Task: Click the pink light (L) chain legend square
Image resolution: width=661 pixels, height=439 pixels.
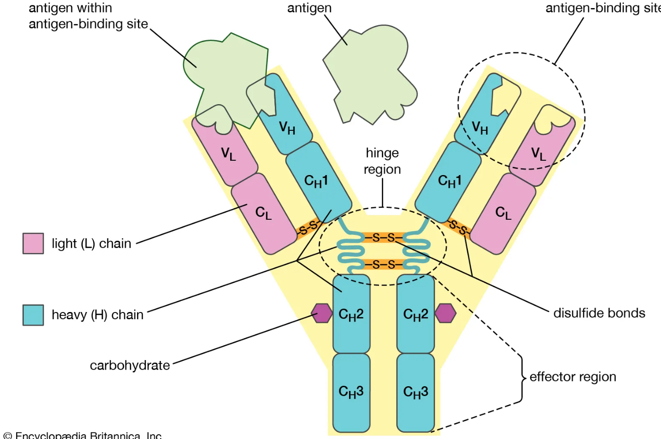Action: [x=33, y=243]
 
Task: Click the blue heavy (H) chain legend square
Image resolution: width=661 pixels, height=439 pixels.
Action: [x=33, y=315]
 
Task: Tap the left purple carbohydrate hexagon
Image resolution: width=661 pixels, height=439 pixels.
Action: [x=322, y=313]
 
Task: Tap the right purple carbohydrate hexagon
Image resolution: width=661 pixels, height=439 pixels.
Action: [x=446, y=313]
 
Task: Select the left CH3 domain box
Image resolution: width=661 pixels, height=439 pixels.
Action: [x=351, y=392]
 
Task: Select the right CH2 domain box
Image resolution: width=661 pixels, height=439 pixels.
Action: [x=416, y=314]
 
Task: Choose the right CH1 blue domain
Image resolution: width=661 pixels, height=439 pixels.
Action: [x=448, y=181]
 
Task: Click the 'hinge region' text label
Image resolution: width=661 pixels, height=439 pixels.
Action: [x=382, y=161]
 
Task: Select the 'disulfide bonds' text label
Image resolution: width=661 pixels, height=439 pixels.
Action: [x=599, y=313]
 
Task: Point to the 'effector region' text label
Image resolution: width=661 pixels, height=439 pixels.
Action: [x=573, y=377]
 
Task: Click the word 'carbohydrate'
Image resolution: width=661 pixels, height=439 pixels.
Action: [x=130, y=365]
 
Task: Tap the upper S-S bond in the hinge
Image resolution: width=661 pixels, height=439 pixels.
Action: [x=383, y=237]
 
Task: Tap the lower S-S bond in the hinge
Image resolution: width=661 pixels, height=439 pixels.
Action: [x=383, y=264]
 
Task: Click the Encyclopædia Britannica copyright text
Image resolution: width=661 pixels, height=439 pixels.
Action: [x=83, y=435]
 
